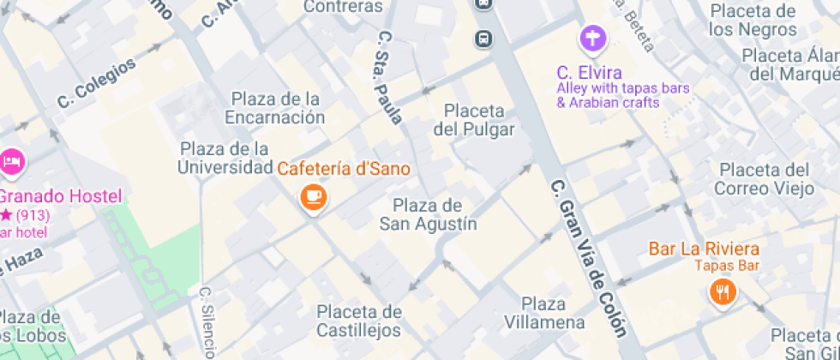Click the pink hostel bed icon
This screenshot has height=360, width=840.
point(11,160)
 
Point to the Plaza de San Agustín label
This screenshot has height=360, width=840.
point(428,215)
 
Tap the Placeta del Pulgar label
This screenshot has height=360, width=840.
point(474,120)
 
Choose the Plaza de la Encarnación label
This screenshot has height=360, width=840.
point(275,107)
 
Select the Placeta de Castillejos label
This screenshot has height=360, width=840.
point(359,321)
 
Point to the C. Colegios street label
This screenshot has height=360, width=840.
point(96,82)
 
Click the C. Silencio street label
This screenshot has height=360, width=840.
point(207,321)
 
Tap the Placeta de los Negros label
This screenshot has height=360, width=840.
point(753,21)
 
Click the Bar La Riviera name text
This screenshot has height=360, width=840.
point(703,249)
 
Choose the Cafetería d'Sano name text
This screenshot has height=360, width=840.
point(343,169)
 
